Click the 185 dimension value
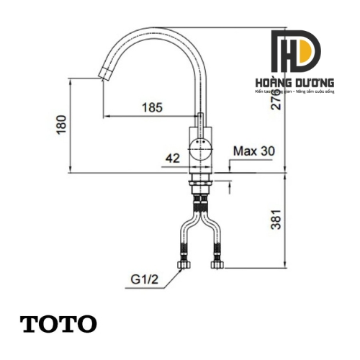point(152,107)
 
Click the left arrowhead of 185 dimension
point(107,115)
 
